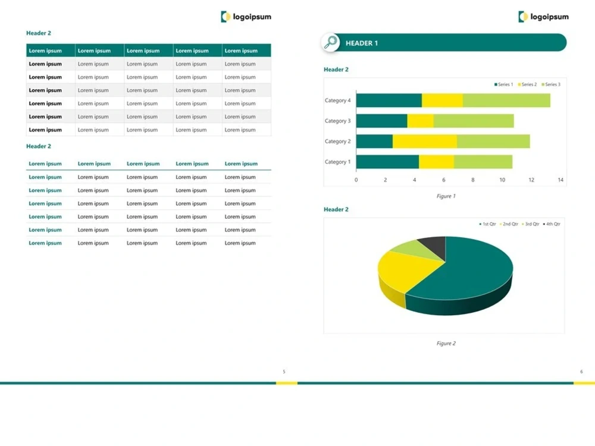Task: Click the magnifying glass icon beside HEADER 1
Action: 330,42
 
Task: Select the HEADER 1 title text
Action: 362,43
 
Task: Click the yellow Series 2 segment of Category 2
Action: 425,142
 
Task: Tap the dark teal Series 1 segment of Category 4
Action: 389,100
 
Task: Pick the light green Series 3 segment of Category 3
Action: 474,121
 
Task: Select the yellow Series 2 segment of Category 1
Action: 436,162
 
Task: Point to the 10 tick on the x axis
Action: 502,180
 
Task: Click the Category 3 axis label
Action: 338,121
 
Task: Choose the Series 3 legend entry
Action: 551,84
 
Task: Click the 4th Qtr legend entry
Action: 552,224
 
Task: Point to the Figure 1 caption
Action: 446,196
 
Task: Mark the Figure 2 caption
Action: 446,343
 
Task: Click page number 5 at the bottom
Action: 284,372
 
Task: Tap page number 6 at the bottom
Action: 581,372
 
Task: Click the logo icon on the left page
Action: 226,17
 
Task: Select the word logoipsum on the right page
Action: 549,17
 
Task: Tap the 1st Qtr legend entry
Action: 488,224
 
